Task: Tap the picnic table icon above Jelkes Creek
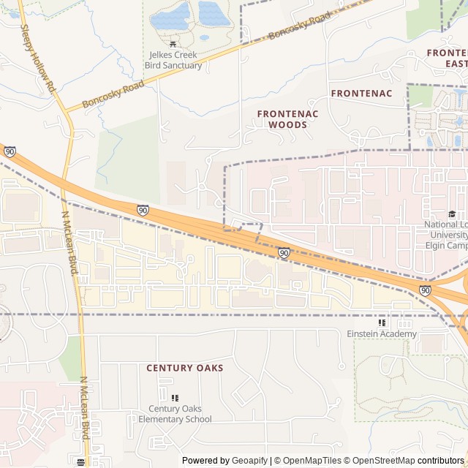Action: (x=173, y=44)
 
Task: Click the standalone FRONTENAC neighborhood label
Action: (x=361, y=93)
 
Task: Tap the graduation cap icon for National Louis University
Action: (x=452, y=214)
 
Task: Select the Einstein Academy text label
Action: (x=381, y=334)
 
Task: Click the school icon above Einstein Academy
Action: (x=381, y=322)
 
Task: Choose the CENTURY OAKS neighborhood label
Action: (x=185, y=368)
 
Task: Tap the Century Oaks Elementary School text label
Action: (x=175, y=414)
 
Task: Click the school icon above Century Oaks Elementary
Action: (x=174, y=398)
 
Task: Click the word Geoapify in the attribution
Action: (x=249, y=461)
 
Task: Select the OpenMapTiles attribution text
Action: (x=312, y=461)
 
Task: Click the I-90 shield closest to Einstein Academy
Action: (x=425, y=290)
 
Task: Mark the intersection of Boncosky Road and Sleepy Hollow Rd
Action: (x=64, y=112)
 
